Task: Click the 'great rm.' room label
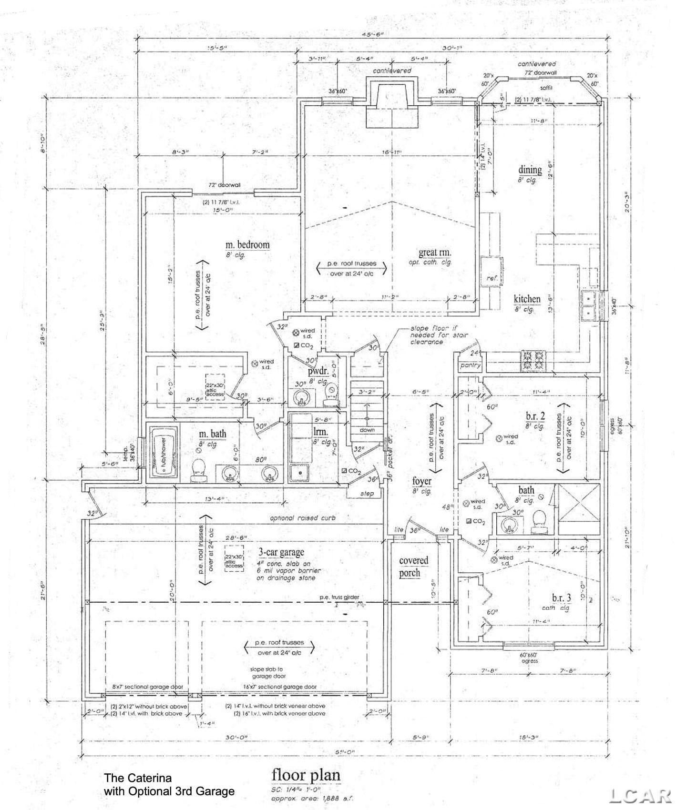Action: [x=434, y=253]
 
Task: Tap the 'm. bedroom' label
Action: [x=247, y=245]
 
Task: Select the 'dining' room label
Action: [x=530, y=170]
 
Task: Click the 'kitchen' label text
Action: [x=527, y=299]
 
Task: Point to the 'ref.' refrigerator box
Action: [x=491, y=278]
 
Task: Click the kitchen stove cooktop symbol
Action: [x=533, y=360]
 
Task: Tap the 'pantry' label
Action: [x=470, y=365]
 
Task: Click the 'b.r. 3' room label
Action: [x=561, y=597]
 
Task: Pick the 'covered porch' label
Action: [x=413, y=567]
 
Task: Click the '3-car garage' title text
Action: [x=281, y=552]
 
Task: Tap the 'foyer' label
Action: [x=421, y=481]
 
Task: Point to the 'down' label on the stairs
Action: [x=367, y=429]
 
